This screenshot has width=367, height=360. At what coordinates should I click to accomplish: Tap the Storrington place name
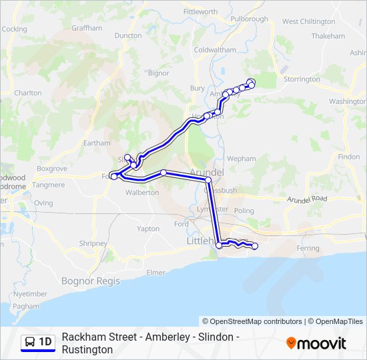302,79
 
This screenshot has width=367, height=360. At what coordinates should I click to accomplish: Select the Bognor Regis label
91,281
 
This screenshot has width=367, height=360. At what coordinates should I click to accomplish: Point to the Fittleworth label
200,12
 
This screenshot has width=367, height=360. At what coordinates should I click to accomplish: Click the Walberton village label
143,193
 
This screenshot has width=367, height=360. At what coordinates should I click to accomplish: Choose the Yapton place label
148,229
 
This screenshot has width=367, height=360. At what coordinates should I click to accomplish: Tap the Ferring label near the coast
308,248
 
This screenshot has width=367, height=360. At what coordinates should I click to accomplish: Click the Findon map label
349,157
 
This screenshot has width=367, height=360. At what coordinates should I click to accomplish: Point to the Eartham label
97,143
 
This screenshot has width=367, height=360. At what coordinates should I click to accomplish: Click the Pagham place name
26,306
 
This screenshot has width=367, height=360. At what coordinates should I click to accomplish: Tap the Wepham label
242,159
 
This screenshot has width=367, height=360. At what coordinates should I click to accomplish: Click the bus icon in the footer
30,343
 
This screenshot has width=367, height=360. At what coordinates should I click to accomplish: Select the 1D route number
45,343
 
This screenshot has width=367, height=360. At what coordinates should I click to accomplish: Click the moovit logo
316,343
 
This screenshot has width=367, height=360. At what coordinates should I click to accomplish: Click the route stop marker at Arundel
208,180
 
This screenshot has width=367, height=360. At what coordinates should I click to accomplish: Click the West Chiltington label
308,22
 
